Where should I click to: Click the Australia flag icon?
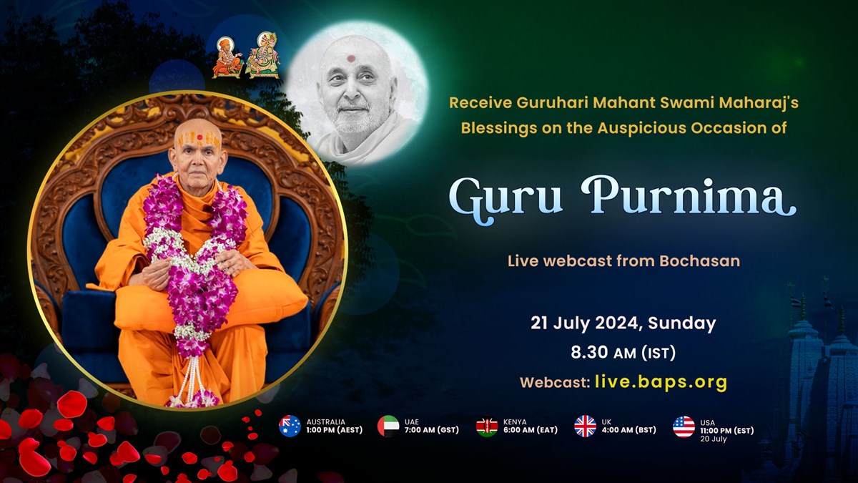(290, 426)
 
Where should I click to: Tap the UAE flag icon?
(388, 426)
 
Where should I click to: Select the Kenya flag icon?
(487, 426)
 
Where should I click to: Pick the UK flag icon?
(586, 426)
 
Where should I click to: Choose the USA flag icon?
(684, 426)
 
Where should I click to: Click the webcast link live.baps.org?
(661, 382)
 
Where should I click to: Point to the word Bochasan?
(699, 261)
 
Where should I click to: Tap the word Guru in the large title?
(506, 200)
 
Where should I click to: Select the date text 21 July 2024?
(584, 323)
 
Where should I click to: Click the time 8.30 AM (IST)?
(623, 353)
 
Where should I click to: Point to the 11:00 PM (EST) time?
(727, 431)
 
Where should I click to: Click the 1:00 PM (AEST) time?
(335, 430)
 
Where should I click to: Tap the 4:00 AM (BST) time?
(629, 430)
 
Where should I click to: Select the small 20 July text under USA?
(714, 439)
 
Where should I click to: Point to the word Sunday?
(682, 323)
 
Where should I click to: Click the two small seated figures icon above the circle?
(246, 56)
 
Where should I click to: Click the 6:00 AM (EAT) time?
(531, 430)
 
